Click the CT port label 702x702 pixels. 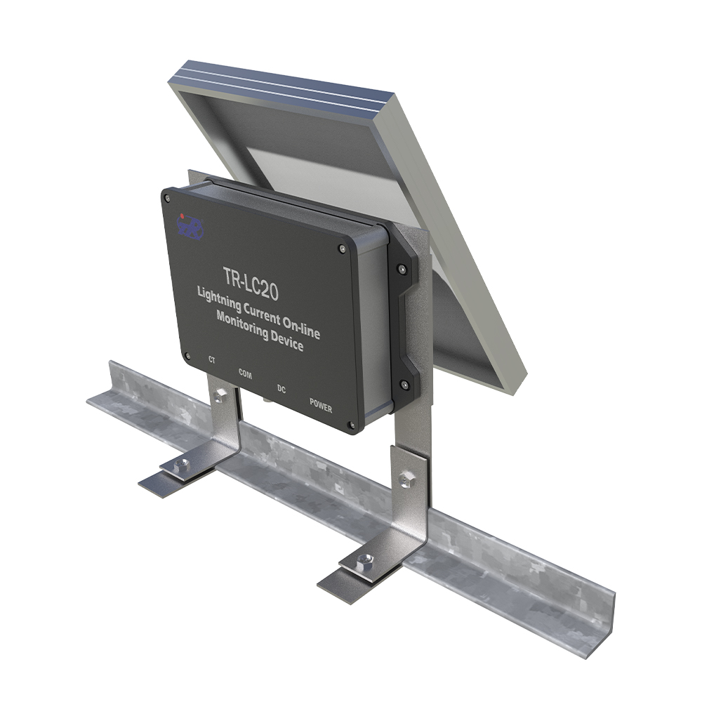(212, 361)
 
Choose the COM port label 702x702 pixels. (245, 373)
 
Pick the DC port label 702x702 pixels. (282, 388)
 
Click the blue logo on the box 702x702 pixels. (190, 227)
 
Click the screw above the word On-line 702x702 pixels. (341, 249)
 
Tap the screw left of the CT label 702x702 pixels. (187, 355)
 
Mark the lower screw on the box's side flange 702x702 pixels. (404, 384)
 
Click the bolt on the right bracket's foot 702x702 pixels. (364, 560)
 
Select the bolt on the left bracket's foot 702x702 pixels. (181, 464)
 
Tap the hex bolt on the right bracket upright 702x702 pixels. (407, 479)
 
